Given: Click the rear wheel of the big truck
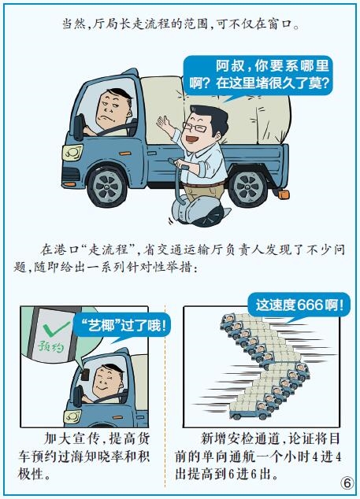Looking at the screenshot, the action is [249, 187].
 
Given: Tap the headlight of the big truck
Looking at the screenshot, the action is [72, 153].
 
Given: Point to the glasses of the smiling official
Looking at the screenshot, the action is [195, 128].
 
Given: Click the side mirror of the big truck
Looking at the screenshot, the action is [78, 127].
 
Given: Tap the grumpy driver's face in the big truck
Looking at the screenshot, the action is [111, 109].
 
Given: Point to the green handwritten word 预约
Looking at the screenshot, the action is [51, 346].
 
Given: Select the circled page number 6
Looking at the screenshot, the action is [347, 482].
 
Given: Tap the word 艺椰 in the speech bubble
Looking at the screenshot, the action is [102, 326].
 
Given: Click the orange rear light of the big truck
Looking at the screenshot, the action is [284, 194].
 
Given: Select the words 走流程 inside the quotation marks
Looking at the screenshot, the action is [109, 249].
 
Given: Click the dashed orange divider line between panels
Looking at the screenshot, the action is [165, 397].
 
